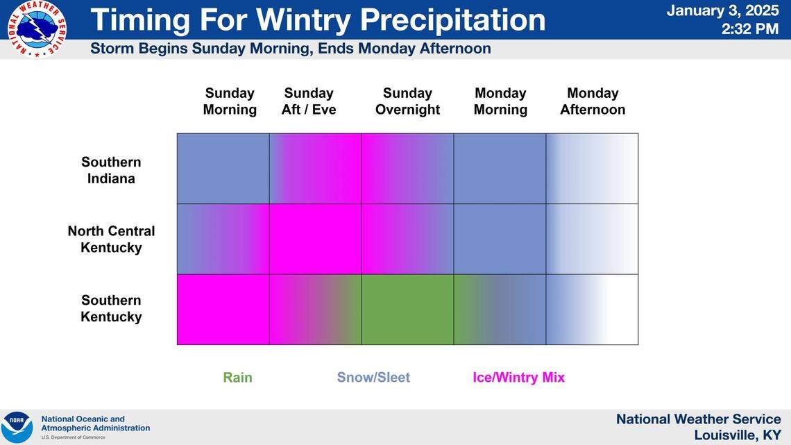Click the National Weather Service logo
click(x=37, y=28)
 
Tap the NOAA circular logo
click(x=17, y=427)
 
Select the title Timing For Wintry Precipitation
click(x=318, y=19)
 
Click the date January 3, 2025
click(x=722, y=11)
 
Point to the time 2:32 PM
click(x=749, y=29)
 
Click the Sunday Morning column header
click(x=230, y=101)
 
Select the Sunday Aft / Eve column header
click(x=309, y=101)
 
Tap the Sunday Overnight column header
click(x=407, y=101)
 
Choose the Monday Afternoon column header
click(x=593, y=101)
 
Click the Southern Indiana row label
click(x=111, y=170)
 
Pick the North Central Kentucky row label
click(x=111, y=239)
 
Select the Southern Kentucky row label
click(x=111, y=308)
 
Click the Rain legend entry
click(x=237, y=378)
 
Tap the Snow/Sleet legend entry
click(x=373, y=378)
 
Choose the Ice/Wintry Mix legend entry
click(x=518, y=378)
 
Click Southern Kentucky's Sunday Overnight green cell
click(x=407, y=310)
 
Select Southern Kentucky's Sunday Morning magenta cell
click(x=223, y=310)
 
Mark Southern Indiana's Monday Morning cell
click(x=500, y=169)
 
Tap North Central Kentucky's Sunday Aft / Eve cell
click(x=315, y=239)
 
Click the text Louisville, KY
click(x=737, y=435)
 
